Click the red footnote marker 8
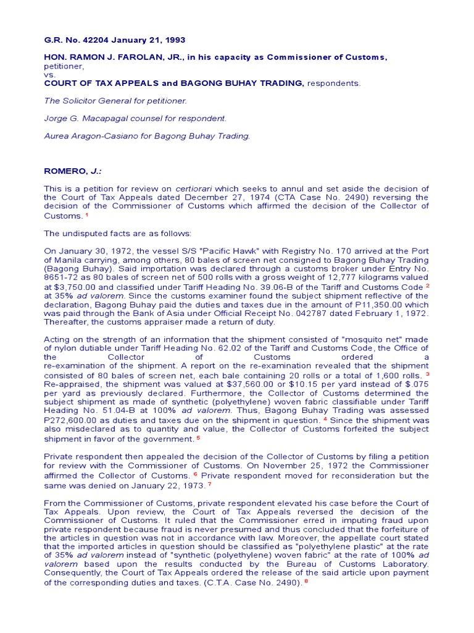tap(306, 582)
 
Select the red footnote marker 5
tap(198, 438)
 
